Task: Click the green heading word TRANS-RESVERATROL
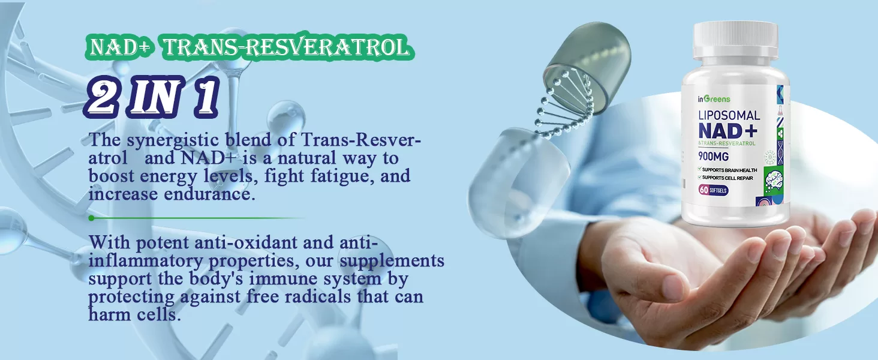[x=287, y=48]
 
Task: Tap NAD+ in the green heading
[x=120, y=48]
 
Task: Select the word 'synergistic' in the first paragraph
[x=173, y=140]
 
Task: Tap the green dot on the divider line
[x=91, y=218]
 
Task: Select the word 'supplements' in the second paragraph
[x=392, y=261]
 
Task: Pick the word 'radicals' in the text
[x=317, y=296]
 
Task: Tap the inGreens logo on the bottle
[x=714, y=99]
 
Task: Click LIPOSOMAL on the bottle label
[x=729, y=115]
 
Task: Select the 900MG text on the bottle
[x=714, y=157]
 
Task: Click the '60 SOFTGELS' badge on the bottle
[x=714, y=191]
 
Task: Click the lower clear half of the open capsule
[x=518, y=184]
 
